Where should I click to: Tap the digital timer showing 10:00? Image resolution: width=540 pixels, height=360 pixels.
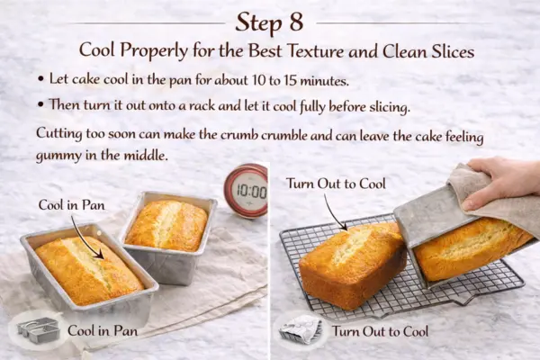click(246, 191)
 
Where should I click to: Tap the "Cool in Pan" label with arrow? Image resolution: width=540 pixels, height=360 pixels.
click(71, 204)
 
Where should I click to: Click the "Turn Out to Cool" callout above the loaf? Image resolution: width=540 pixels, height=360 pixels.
click(335, 184)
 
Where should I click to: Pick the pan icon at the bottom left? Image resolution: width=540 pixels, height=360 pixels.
click(37, 329)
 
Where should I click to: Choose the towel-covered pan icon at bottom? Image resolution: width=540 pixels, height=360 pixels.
click(298, 329)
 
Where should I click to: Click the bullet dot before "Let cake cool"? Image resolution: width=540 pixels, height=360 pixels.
click(42, 82)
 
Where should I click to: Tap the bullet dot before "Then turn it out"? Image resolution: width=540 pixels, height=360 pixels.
click(42, 107)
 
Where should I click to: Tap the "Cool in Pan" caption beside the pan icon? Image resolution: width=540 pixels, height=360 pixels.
click(100, 331)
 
